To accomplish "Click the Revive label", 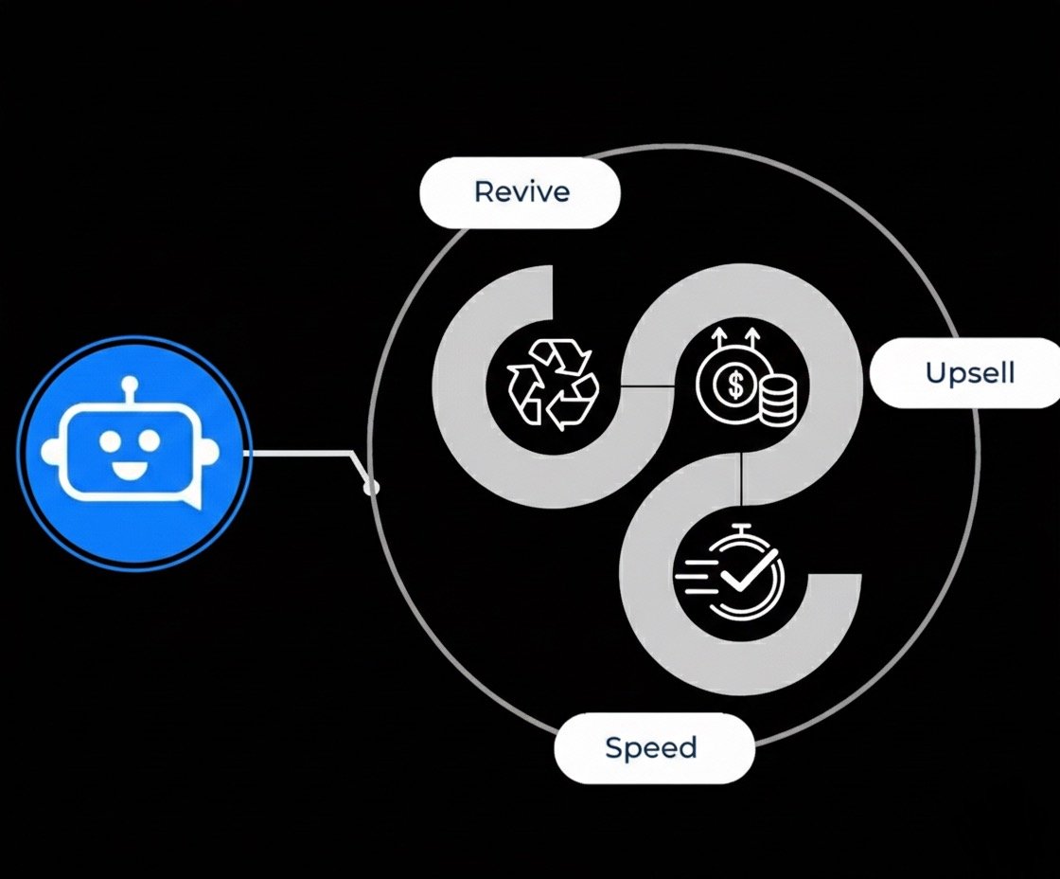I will [x=521, y=192].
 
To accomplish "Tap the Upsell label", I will [x=968, y=372].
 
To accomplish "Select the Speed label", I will [x=653, y=747].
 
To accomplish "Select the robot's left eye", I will [x=111, y=440].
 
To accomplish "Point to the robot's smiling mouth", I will [x=132, y=468].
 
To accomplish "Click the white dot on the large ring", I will [x=371, y=487].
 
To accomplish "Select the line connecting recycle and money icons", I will [x=647, y=386].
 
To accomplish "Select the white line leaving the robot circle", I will [x=303, y=453].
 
